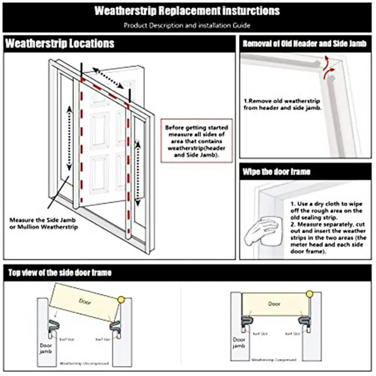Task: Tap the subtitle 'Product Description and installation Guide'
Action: [187, 26]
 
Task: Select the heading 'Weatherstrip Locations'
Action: [60, 43]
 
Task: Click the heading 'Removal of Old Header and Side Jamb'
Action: [305, 44]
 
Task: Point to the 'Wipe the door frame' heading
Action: [276, 172]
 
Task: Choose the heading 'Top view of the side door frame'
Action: [60, 272]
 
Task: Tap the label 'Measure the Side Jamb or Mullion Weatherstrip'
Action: [44, 223]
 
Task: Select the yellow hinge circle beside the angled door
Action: [121, 299]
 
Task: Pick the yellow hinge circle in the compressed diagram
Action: [310, 294]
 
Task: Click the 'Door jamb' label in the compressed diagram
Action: [239, 342]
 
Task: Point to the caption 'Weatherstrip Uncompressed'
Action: [84, 364]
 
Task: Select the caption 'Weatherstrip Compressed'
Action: [273, 359]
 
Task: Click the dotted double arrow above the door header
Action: [108, 78]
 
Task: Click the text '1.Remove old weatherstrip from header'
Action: [282, 104]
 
